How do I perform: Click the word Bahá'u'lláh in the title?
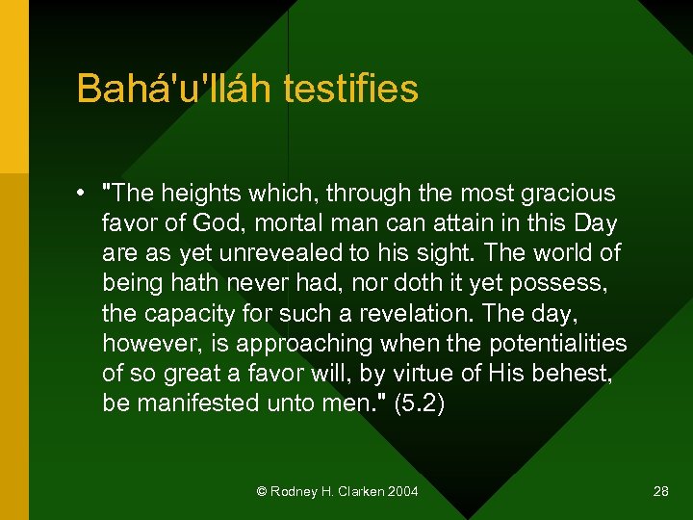pyautogui.click(x=175, y=89)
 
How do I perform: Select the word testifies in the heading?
pyautogui.click(x=351, y=89)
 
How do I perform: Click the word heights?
pyautogui.click(x=199, y=194)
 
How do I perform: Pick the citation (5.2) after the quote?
pyautogui.click(x=420, y=403)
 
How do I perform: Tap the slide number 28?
pyautogui.click(x=660, y=491)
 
